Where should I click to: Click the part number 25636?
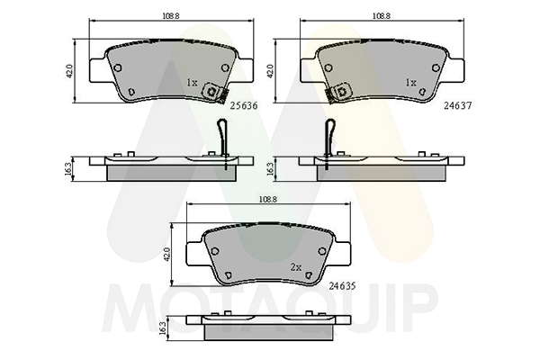pyautogui.click(x=244, y=106)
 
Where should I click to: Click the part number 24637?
pyautogui.click(x=457, y=106)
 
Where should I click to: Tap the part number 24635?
pyautogui.click(x=342, y=286)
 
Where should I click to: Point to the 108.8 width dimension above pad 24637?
pyautogui.click(x=382, y=16)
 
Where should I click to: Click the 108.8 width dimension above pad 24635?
pyautogui.click(x=268, y=199)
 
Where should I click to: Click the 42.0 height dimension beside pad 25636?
pyautogui.click(x=69, y=71)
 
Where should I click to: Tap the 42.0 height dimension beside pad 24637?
pyautogui.click(x=270, y=71)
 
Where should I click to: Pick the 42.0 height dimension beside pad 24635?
pyautogui.click(x=166, y=254)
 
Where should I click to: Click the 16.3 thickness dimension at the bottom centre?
pyautogui.click(x=163, y=328)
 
